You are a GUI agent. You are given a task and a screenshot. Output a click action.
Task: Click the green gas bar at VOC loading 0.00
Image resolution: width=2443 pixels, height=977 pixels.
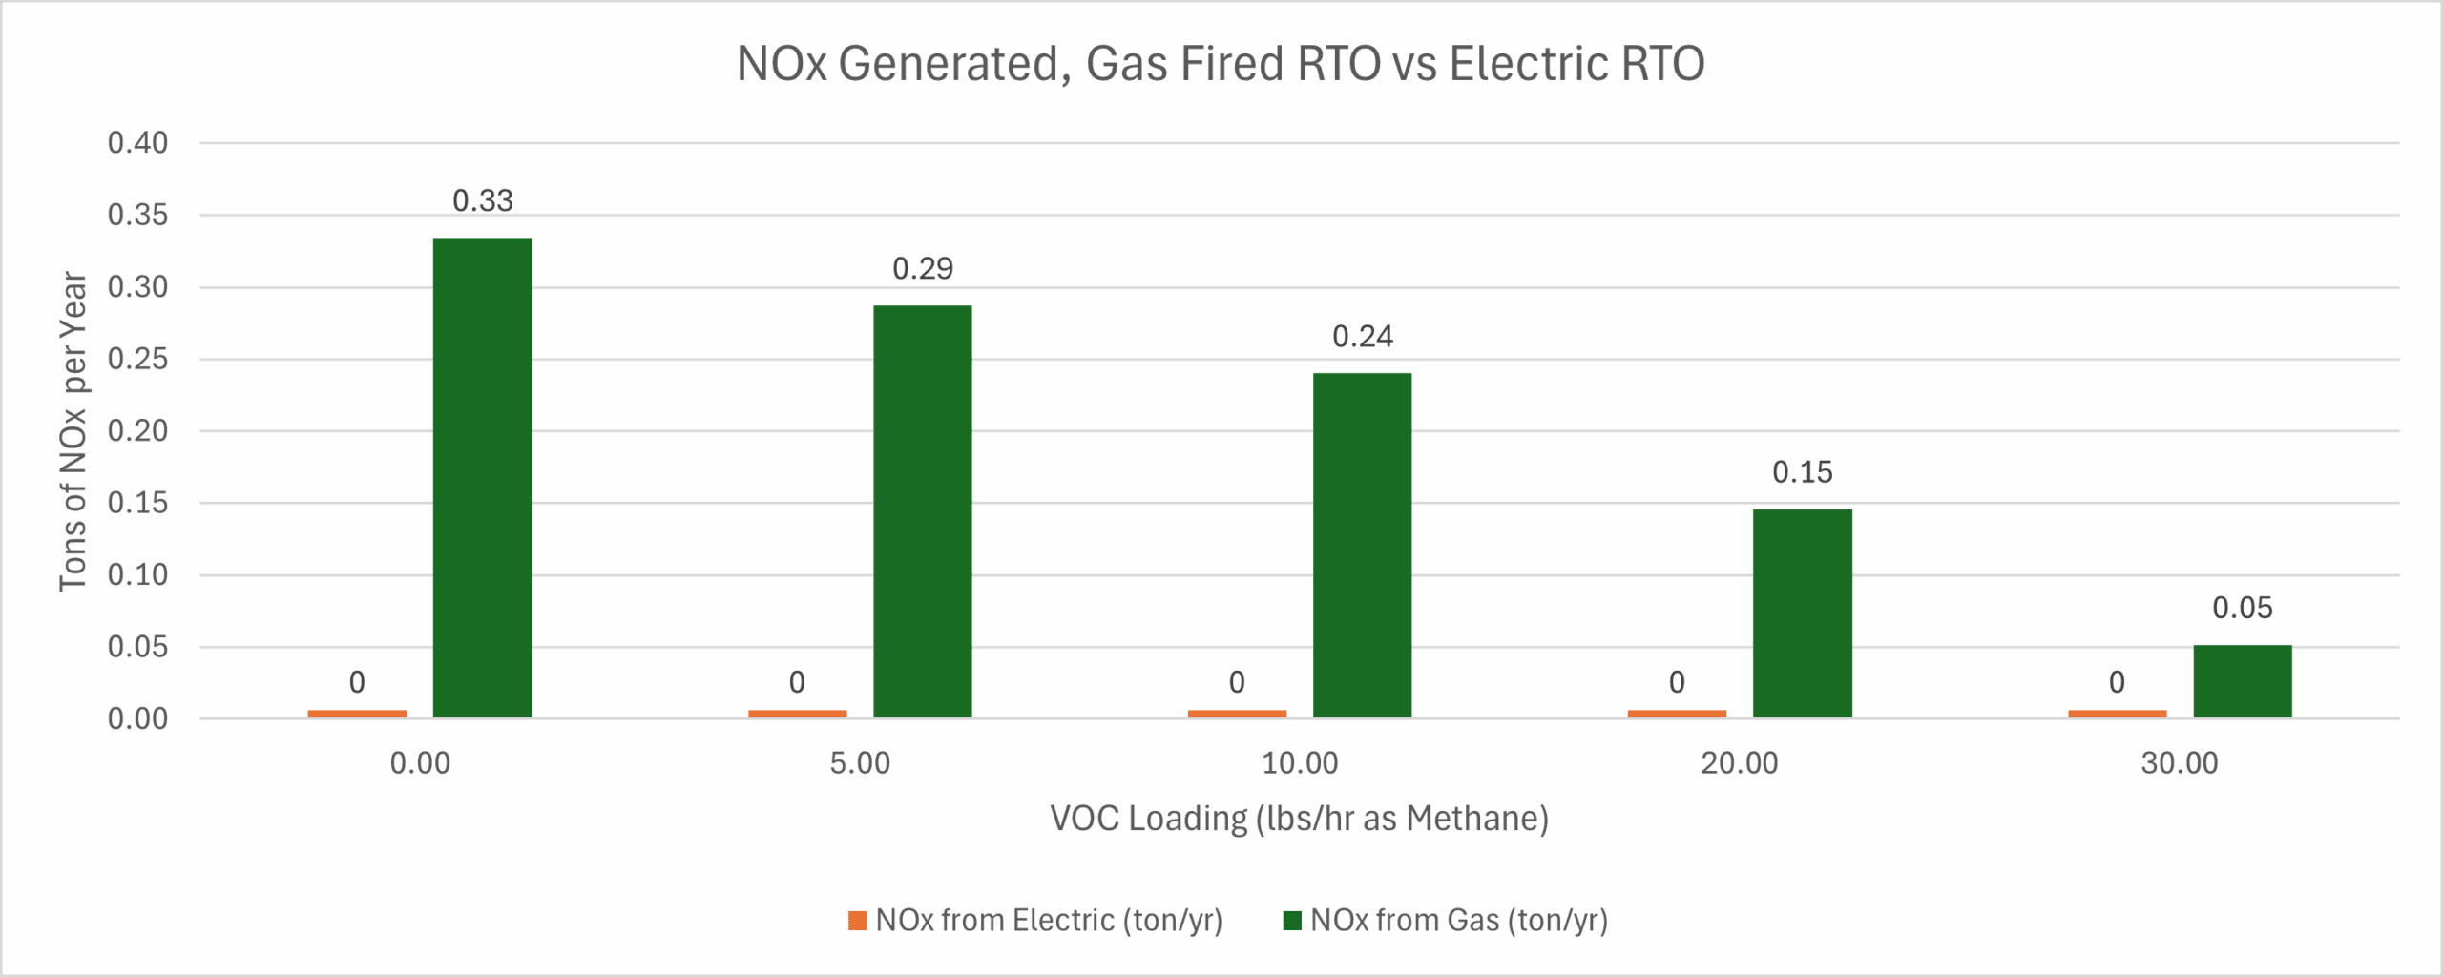pyautogui.click(x=482, y=477)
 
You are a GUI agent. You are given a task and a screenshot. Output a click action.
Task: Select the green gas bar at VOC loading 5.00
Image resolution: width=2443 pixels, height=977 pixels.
pyautogui.click(x=922, y=511)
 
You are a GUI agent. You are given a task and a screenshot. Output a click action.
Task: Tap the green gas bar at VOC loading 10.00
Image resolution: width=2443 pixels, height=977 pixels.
pyautogui.click(x=1362, y=545)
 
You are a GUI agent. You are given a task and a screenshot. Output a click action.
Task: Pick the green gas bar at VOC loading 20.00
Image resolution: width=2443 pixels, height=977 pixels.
pyautogui.click(x=1802, y=613)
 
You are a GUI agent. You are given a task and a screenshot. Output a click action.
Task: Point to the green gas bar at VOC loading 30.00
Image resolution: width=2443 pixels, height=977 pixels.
pyautogui.click(x=2242, y=681)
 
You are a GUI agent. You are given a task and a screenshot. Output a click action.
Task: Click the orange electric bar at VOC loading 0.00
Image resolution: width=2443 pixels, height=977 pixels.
pyautogui.click(x=357, y=714)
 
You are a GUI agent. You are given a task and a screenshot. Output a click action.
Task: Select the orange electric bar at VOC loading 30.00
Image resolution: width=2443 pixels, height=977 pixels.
pyautogui.click(x=2117, y=714)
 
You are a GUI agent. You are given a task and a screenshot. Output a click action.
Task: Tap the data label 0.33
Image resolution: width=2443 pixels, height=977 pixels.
pyautogui.click(x=482, y=201)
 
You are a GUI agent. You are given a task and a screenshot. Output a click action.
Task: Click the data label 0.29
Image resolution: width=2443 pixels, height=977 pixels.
pyautogui.click(x=922, y=269)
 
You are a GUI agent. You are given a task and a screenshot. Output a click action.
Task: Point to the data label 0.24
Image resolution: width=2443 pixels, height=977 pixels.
pyautogui.click(x=1362, y=337)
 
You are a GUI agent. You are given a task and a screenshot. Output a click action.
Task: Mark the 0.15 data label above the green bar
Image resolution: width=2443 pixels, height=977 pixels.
pyautogui.click(x=1802, y=472)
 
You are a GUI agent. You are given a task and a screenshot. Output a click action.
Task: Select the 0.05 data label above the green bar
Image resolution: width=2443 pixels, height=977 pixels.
pyautogui.click(x=2242, y=608)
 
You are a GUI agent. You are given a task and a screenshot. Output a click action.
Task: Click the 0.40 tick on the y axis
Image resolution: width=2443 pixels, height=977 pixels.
pyautogui.click(x=137, y=143)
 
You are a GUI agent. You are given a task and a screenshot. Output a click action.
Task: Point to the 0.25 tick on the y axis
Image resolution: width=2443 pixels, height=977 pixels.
pyautogui.click(x=137, y=359)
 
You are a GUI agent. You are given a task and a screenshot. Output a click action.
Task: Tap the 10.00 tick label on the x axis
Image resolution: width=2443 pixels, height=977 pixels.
pyautogui.click(x=1300, y=763)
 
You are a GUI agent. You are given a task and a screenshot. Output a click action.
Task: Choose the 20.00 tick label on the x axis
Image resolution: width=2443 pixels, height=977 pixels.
pyautogui.click(x=1739, y=763)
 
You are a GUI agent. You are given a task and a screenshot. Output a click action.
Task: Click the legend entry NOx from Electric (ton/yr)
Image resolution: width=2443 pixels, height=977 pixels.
pyautogui.click(x=1036, y=920)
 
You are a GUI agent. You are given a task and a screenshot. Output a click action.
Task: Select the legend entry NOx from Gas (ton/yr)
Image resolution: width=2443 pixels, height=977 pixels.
pyautogui.click(x=1447, y=920)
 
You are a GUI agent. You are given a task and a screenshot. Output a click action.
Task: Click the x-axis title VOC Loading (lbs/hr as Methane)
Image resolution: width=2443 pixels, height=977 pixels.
pyautogui.click(x=1299, y=819)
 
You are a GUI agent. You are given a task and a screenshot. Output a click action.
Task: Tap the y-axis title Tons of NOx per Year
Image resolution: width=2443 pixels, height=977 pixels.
pyautogui.click(x=73, y=430)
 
